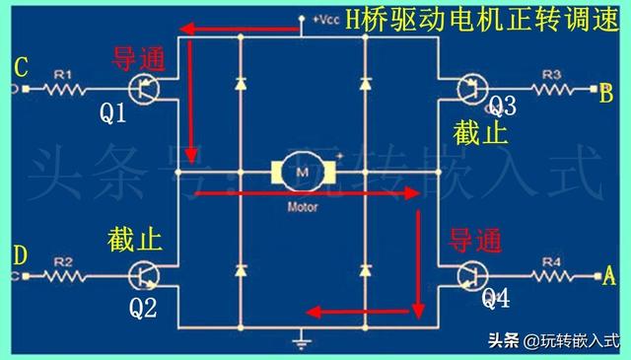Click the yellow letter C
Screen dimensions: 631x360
20,67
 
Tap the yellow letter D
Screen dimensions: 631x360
20,255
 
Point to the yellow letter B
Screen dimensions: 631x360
607,94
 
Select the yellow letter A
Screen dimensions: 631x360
609,278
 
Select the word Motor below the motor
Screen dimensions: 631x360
302,208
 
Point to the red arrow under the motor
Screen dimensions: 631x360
306,194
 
